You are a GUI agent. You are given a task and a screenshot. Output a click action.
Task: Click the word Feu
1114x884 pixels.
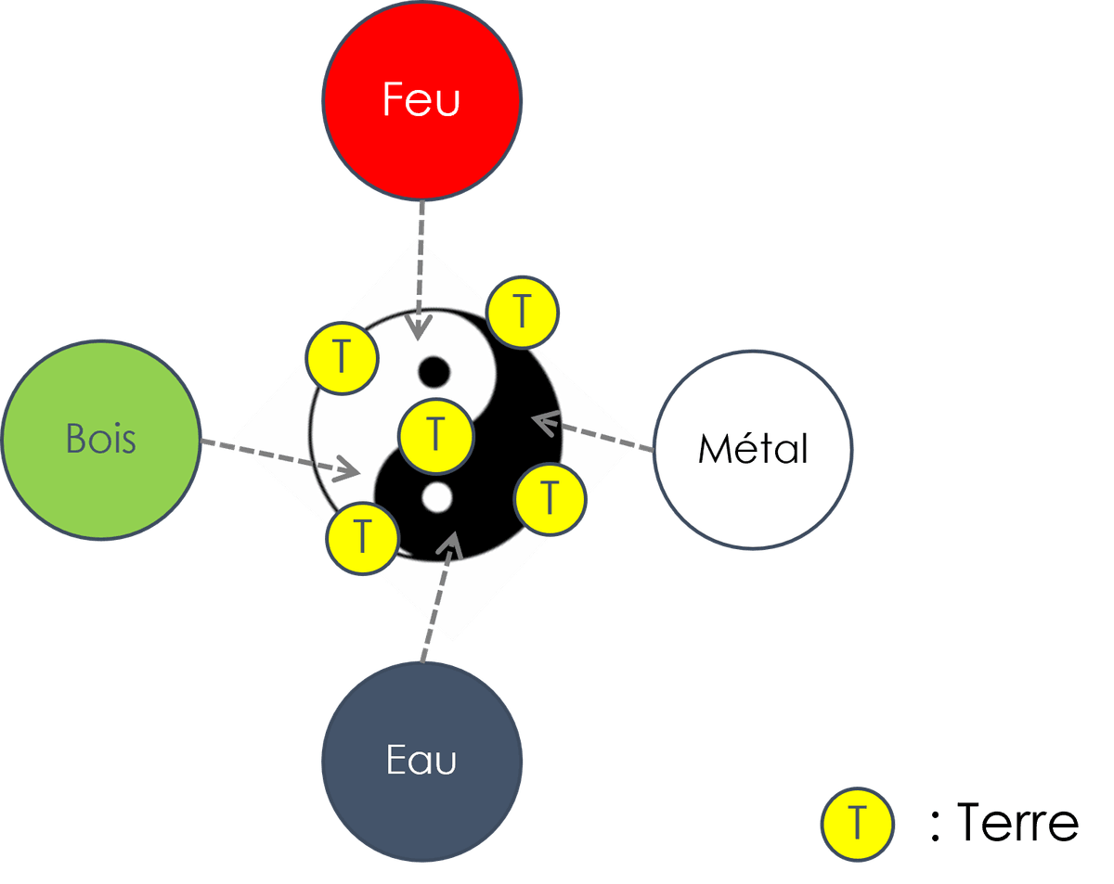[421, 99]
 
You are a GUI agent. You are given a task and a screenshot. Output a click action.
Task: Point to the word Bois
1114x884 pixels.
[101, 439]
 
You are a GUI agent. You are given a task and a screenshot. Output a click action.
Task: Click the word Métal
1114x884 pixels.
[753, 449]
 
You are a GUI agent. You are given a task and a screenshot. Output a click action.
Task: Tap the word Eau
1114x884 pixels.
[421, 761]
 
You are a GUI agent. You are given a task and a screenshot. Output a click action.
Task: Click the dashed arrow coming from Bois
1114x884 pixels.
[278, 455]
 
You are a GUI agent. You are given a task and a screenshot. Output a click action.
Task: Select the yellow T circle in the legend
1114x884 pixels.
[856, 824]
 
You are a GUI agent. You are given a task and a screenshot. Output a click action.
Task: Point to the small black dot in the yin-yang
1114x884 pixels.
[434, 373]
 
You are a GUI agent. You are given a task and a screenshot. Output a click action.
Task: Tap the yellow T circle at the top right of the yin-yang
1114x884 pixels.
[522, 313]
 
